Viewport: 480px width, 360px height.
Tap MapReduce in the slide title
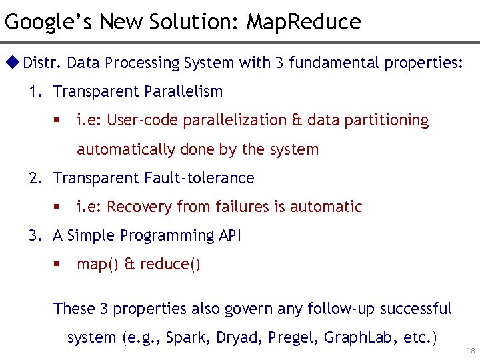point(303,22)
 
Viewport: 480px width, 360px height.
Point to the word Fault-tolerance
point(199,178)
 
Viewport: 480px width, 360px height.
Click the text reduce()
point(170,265)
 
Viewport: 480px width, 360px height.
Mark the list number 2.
point(34,178)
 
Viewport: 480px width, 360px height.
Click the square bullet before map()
point(57,265)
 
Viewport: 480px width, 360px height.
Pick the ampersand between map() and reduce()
point(129,265)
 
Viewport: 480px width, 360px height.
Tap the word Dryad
point(239,337)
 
